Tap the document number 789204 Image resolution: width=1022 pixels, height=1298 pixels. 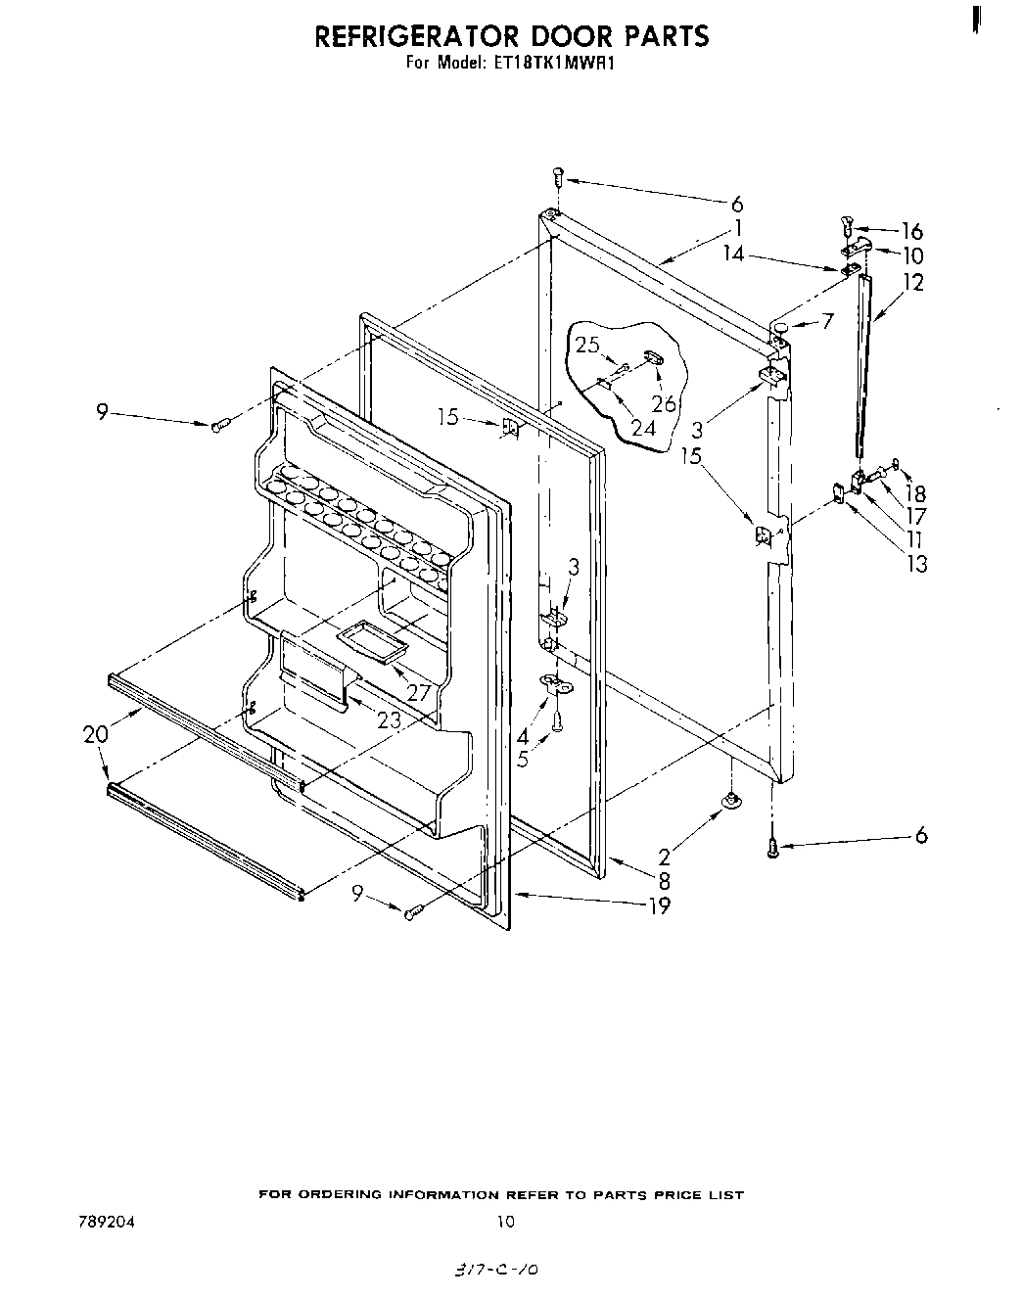(x=101, y=1221)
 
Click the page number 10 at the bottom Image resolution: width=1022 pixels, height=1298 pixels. (x=505, y=1221)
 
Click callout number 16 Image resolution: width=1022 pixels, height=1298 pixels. (x=911, y=231)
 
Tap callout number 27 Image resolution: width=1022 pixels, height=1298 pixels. (x=419, y=693)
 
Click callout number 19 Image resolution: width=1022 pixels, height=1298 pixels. (x=660, y=905)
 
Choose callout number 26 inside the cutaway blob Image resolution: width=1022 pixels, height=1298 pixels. (x=664, y=402)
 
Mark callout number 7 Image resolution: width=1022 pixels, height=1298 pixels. (x=828, y=320)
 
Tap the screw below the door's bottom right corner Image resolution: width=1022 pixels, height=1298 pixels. (x=773, y=848)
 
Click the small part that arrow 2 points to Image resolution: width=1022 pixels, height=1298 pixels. (x=729, y=802)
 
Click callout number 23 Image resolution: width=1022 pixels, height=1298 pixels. (x=389, y=719)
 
